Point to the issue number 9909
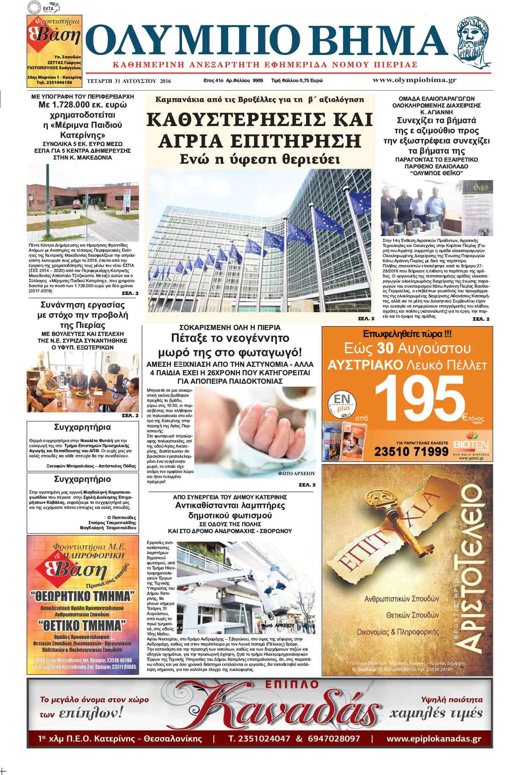[x=258, y=80]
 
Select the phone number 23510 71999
[x=411, y=451]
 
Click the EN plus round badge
[x=342, y=403]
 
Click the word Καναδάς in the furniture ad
[x=283, y=712]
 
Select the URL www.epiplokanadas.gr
[x=433, y=739]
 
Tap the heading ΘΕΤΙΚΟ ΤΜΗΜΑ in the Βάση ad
[x=82, y=625]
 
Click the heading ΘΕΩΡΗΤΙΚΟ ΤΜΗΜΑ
[x=82, y=596]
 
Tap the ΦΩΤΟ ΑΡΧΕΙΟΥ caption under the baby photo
[x=297, y=473]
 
